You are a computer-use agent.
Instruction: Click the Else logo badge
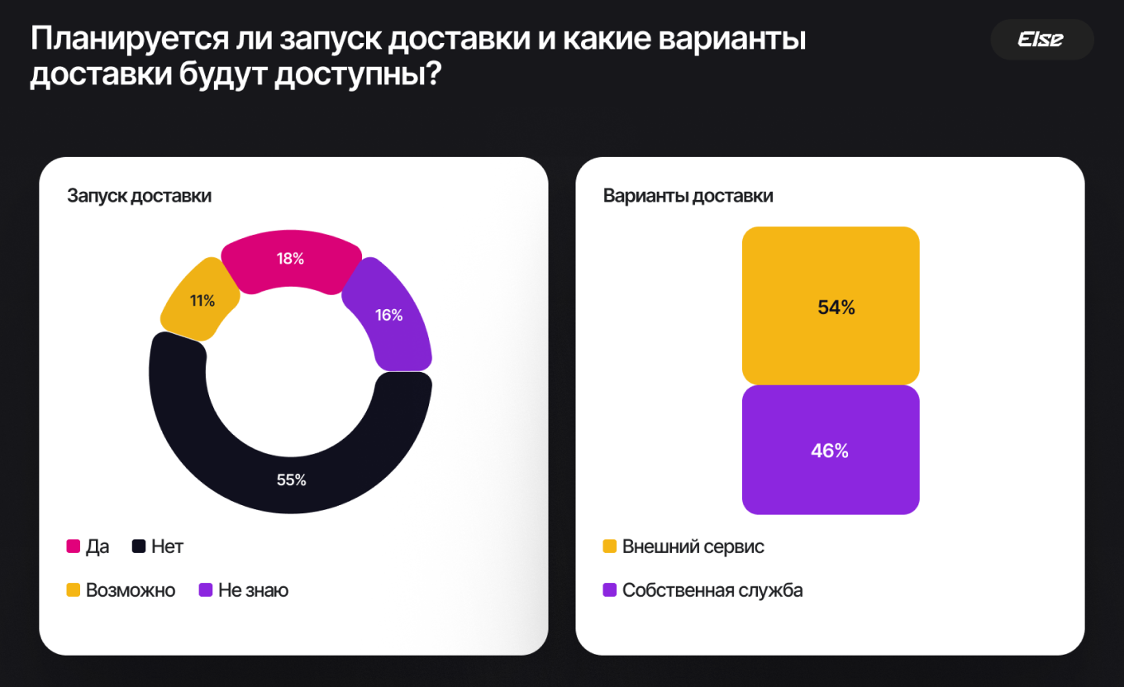pos(1041,39)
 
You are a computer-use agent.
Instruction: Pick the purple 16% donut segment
pos(388,315)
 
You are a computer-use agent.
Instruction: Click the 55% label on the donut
pos(291,479)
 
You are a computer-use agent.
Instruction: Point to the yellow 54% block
pos(831,307)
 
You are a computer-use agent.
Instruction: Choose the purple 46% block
pos(831,451)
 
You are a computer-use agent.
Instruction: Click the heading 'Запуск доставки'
pos(139,196)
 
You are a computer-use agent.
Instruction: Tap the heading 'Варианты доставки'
pos(688,196)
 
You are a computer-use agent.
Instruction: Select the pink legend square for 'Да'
pos(74,546)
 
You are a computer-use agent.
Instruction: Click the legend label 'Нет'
pos(167,546)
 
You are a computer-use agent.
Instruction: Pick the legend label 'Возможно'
pos(131,590)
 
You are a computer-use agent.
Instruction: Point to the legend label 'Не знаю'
pos(253,590)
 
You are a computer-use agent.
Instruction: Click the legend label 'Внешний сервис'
pos(693,546)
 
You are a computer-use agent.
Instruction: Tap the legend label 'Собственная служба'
pos(712,590)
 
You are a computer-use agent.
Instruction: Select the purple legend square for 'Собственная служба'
pos(610,590)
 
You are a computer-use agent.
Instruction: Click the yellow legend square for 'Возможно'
pos(74,590)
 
